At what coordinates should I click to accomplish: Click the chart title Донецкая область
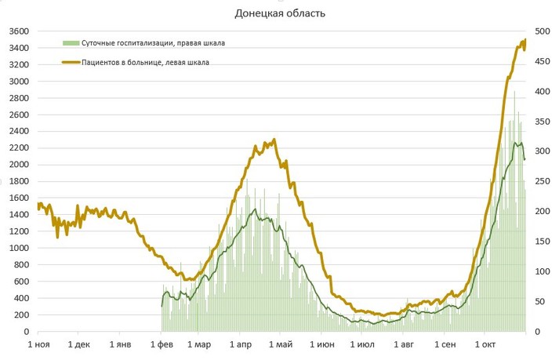coord(280,13)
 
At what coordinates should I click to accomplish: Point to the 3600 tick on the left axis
coord(18,31)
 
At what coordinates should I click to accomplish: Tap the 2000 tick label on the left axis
coord(18,165)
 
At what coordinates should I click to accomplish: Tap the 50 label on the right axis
coord(541,302)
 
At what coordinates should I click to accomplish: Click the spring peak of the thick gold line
coord(274,140)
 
